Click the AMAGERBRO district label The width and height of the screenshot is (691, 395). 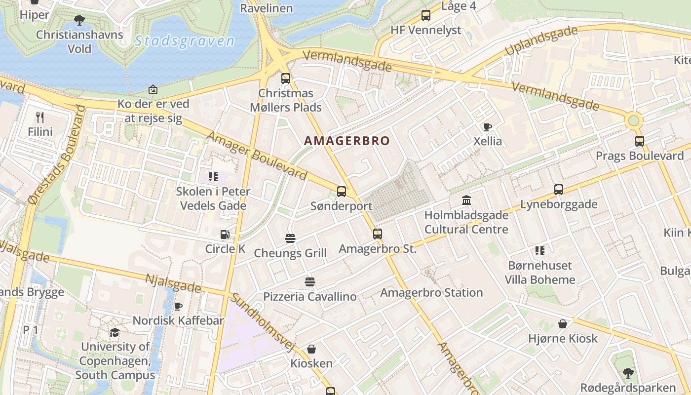tap(346, 141)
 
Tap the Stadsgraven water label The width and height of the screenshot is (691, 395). tap(185, 41)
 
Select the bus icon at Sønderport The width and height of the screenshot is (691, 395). tap(341, 192)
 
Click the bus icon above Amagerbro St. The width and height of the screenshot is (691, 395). tap(378, 234)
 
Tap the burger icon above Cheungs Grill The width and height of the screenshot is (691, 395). tap(290, 238)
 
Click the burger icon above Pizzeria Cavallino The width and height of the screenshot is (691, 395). tap(310, 282)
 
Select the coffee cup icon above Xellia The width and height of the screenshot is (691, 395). tap(488, 127)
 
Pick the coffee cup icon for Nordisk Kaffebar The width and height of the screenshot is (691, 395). tap(178, 306)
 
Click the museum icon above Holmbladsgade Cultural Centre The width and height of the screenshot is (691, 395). tap(466, 200)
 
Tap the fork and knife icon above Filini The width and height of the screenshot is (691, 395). tap(40, 118)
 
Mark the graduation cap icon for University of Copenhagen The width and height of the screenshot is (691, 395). tap(115, 332)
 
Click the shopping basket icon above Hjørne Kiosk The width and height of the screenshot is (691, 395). tap(563, 324)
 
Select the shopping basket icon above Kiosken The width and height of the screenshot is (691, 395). tap(311, 349)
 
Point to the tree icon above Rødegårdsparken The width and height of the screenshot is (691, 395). tap(628, 373)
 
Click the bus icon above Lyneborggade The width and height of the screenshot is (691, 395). tap(559, 190)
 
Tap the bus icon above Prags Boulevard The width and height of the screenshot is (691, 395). tap(640, 141)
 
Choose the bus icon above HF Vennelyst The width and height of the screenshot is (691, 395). tap(426, 15)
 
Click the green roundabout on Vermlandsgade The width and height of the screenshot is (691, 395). tap(634, 120)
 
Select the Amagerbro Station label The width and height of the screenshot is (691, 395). tap(431, 292)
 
